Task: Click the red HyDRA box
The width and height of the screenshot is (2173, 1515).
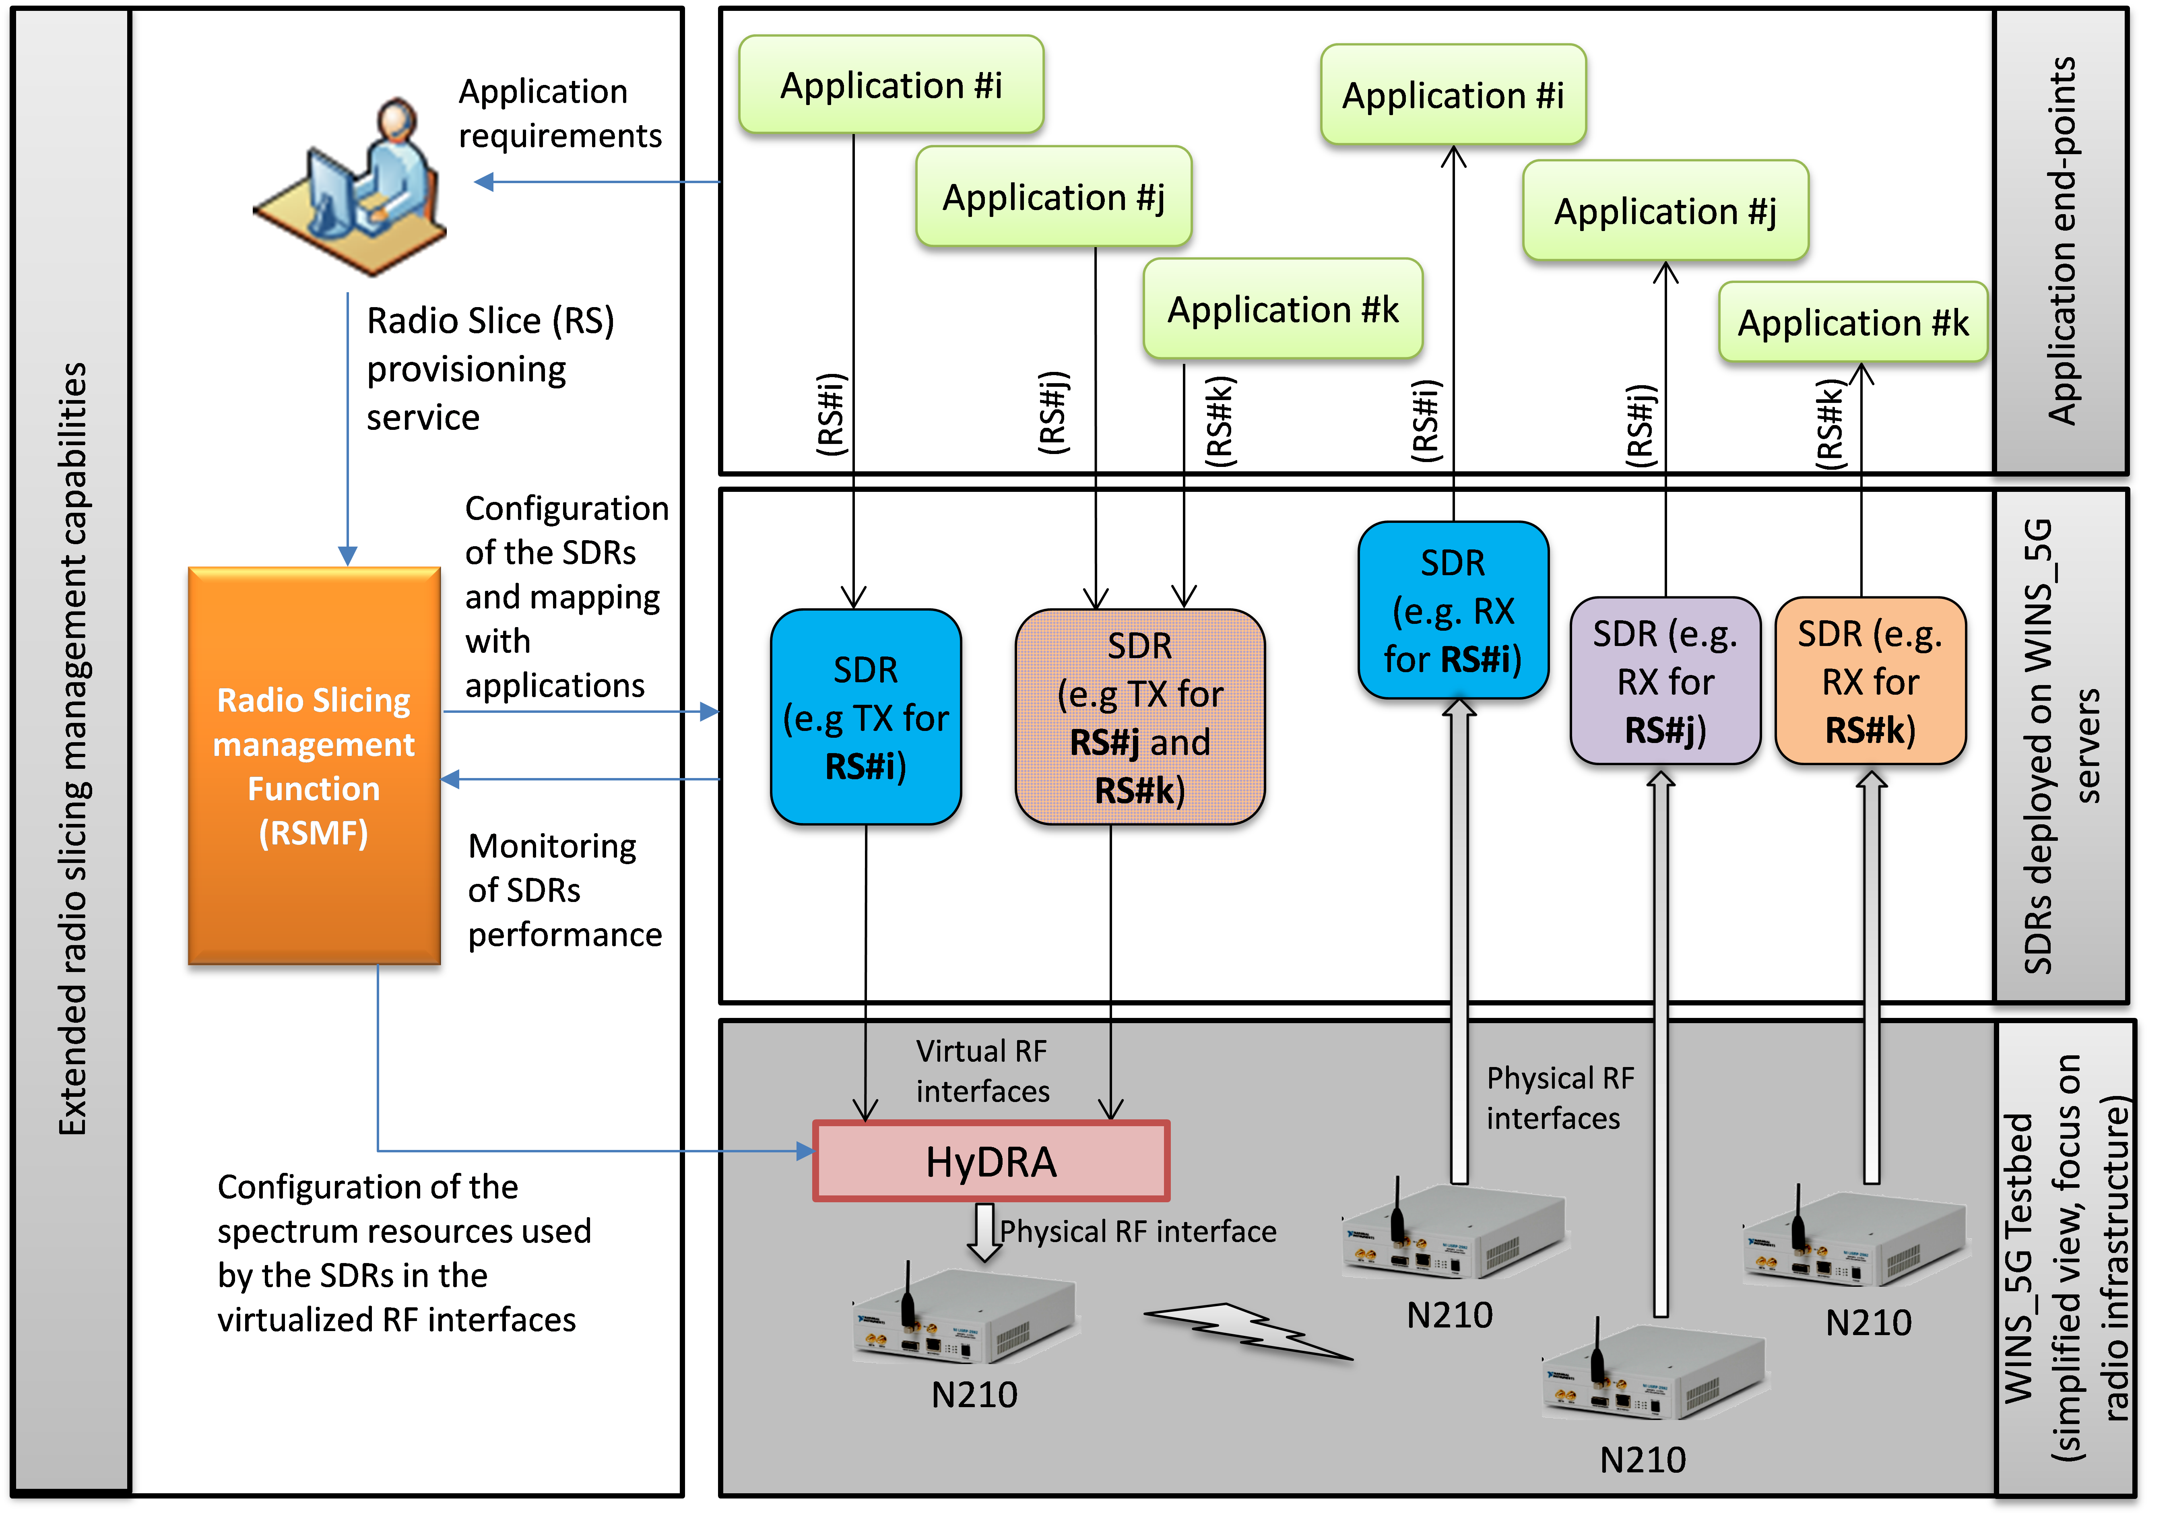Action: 991,1161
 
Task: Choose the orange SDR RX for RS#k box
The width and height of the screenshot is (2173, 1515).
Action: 1870,681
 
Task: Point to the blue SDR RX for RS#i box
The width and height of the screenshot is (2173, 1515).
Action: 1453,610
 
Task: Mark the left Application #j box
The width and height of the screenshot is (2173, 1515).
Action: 1053,197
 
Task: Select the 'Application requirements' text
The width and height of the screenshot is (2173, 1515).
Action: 558,114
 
